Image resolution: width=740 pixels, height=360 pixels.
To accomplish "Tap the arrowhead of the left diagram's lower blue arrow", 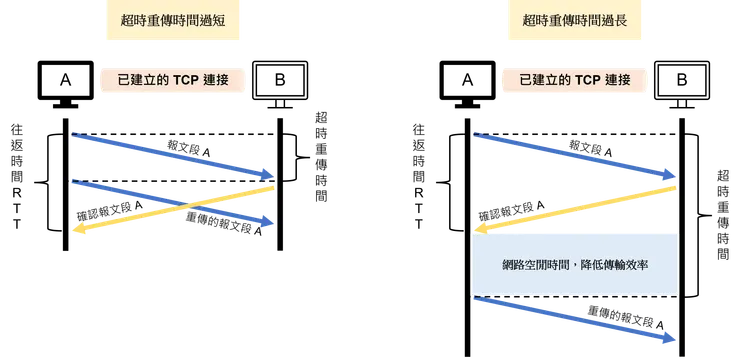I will pyautogui.click(x=267, y=224).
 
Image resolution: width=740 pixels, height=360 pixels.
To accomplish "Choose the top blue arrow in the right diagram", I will pyautogui.click(x=570, y=155).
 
